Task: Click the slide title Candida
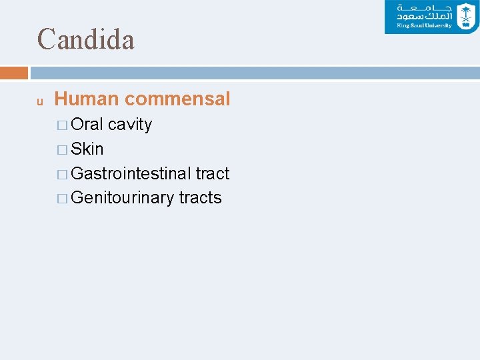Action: click(86, 39)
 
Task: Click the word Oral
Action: click(87, 125)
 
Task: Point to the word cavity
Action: click(130, 125)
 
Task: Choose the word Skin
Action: click(87, 149)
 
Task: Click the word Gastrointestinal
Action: click(131, 173)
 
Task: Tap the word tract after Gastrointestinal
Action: click(213, 173)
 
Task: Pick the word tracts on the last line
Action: click(200, 198)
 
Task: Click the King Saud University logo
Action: click(431, 17)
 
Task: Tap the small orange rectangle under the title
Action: click(14, 73)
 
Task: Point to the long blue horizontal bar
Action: click(254, 73)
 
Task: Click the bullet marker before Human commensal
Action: click(40, 102)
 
